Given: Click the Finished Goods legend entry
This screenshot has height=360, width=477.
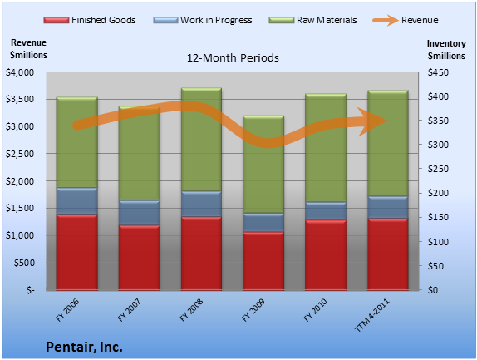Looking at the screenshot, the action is point(90,20).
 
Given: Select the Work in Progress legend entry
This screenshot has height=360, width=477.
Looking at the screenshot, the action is point(203,20).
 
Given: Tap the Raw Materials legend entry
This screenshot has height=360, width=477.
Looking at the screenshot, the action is point(312,20).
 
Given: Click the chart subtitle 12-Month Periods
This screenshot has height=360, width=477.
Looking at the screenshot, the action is point(233,58).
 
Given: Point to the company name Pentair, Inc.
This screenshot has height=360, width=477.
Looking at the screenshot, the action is point(84,347).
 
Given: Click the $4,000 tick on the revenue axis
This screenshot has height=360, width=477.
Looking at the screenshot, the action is point(20,72).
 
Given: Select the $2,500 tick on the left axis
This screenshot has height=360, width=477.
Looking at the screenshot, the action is point(20,154).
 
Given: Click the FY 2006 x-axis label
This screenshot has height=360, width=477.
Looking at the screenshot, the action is point(67,310).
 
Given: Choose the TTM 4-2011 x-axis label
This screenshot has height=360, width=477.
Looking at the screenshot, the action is point(372,315).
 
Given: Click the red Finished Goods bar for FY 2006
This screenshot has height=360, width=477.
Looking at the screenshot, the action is point(77,252).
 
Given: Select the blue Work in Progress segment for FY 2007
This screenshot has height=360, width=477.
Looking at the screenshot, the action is point(140,213).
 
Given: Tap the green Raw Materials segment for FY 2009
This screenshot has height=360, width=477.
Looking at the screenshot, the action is point(263,165).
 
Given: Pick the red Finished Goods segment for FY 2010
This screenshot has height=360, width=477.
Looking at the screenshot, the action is point(326,255).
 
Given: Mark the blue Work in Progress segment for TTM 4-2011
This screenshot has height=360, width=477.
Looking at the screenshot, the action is point(388,207).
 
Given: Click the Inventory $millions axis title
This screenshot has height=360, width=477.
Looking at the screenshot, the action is point(446,50).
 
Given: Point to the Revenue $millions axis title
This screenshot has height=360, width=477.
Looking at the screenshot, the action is point(28,49).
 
